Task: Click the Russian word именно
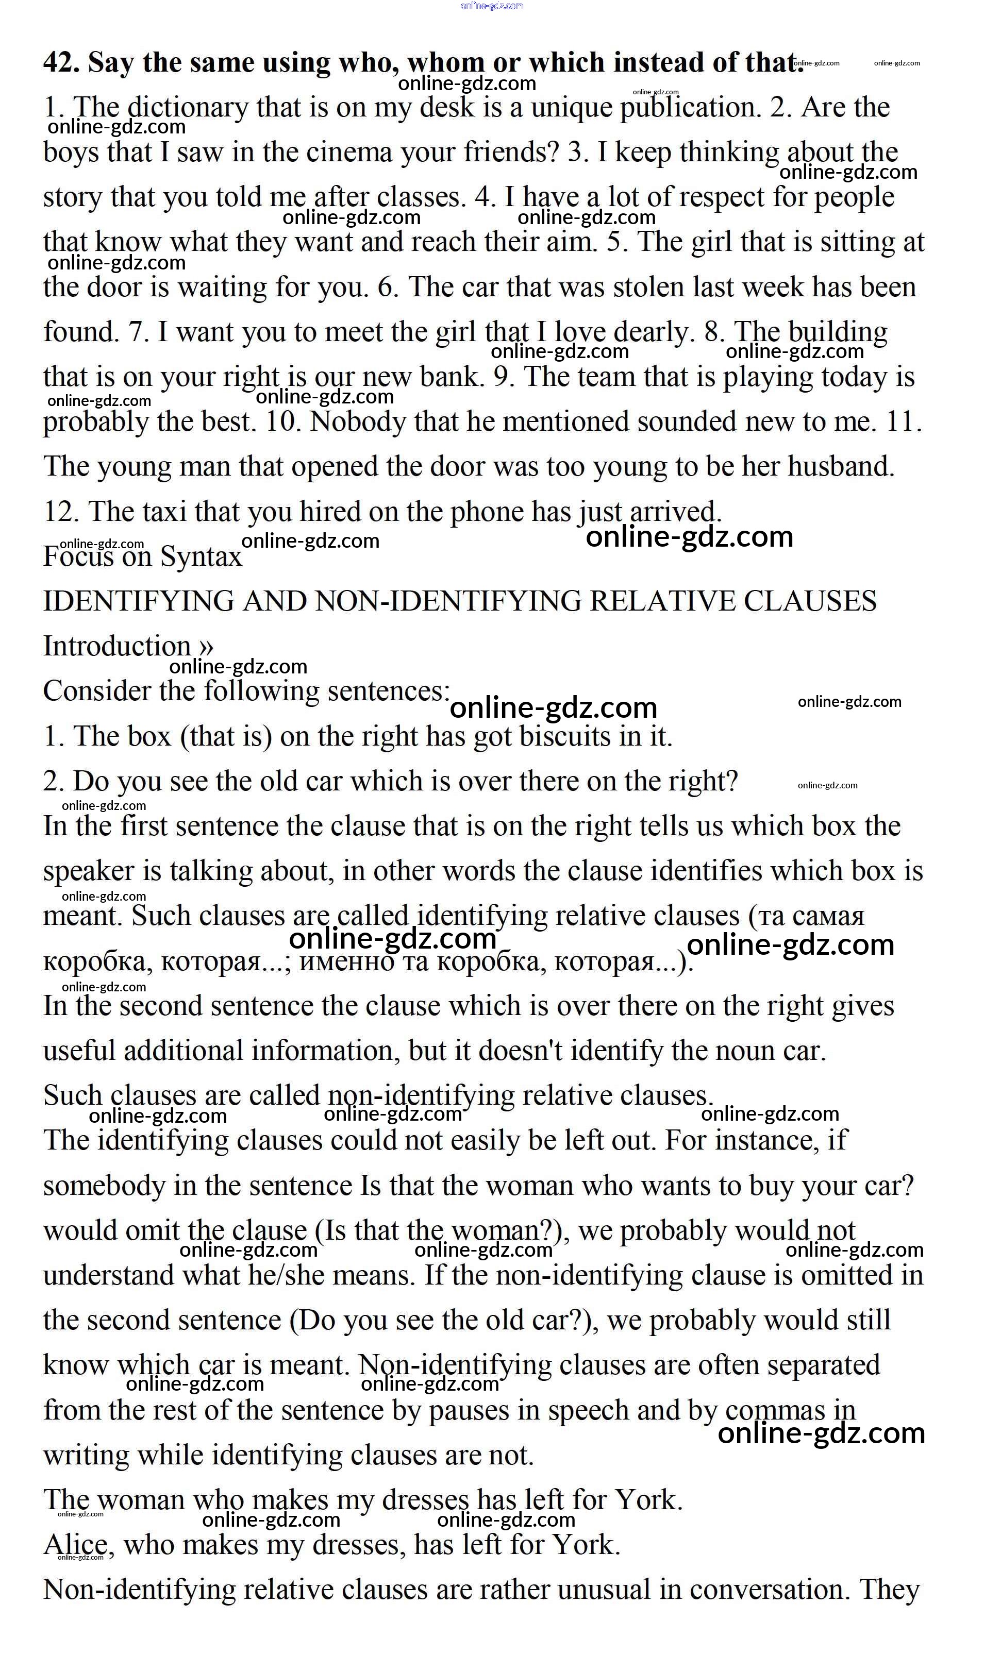[x=347, y=961]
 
